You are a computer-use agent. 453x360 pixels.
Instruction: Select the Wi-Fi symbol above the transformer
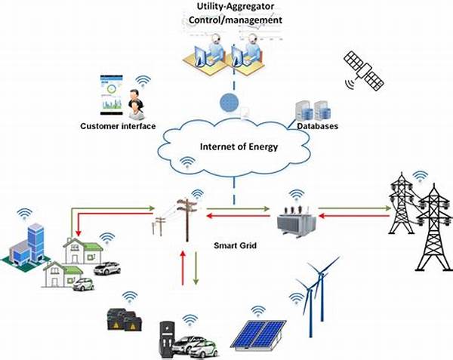tap(296, 194)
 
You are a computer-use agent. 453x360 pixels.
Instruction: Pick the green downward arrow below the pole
tap(196, 268)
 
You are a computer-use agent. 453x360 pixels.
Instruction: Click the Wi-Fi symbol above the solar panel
tap(258, 309)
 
